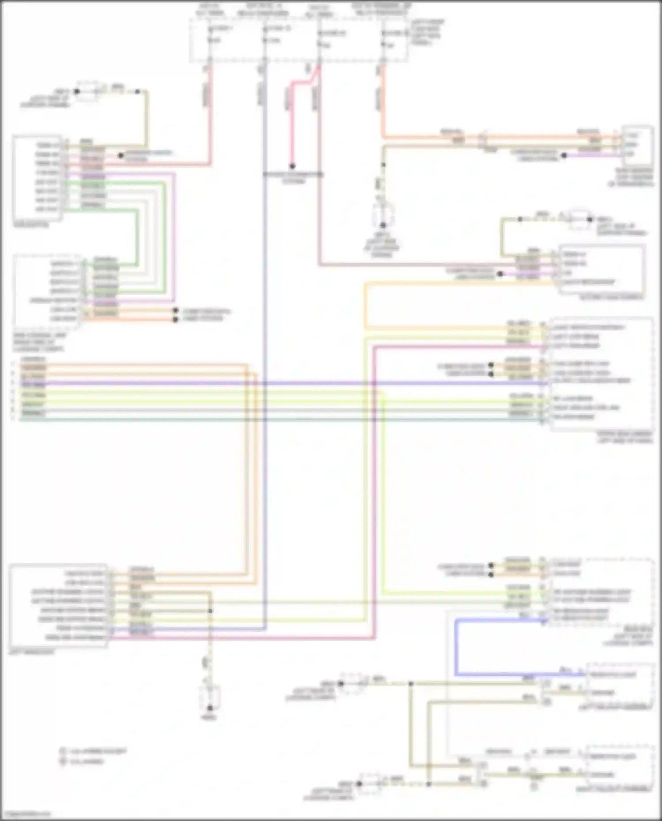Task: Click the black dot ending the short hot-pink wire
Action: click(292, 166)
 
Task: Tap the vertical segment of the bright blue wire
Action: click(456, 647)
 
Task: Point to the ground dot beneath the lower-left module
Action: click(210, 708)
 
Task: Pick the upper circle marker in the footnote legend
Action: click(63, 750)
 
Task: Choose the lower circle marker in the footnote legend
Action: click(63, 761)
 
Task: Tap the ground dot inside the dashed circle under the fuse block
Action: click(383, 225)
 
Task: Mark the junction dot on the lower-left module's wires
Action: click(210, 611)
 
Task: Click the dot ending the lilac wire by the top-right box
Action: click(564, 155)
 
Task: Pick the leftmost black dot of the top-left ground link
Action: click(77, 91)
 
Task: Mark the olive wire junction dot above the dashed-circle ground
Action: click(383, 165)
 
